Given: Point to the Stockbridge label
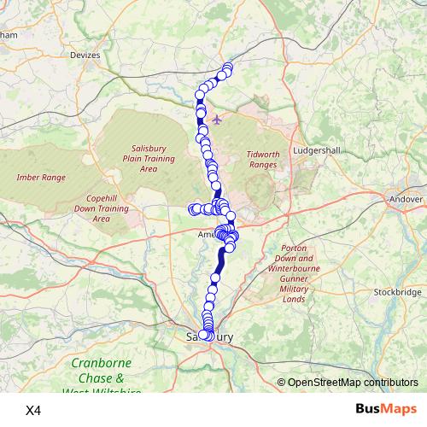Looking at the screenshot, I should click(x=397, y=292).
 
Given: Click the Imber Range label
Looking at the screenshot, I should click(x=41, y=178).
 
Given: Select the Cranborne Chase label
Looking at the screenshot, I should click(x=102, y=370).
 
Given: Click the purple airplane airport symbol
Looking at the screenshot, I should click(x=216, y=119).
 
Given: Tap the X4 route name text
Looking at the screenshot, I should click(x=33, y=410).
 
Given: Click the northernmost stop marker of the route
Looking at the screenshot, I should click(x=227, y=67).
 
